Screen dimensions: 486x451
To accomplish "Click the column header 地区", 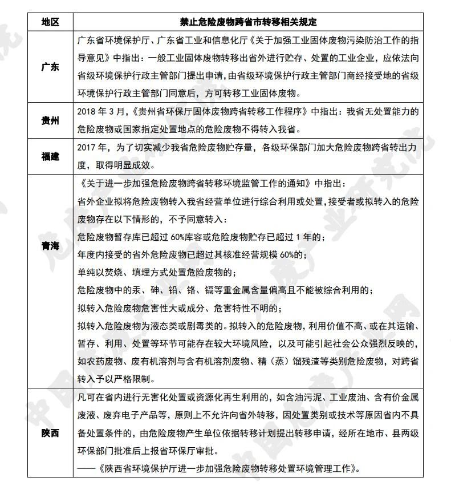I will [x=50, y=22].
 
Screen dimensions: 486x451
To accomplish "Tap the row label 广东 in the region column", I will [x=50, y=67].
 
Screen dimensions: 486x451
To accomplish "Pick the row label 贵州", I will [x=50, y=120].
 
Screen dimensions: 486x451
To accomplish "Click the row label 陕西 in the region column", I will [x=50, y=434].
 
